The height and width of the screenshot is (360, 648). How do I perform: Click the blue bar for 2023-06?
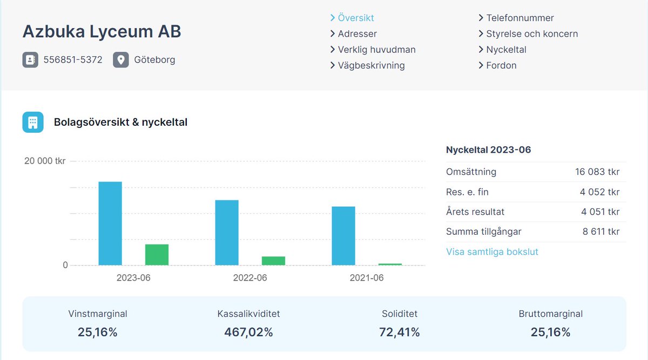point(110,223)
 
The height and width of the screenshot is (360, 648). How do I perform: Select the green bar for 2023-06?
point(157,255)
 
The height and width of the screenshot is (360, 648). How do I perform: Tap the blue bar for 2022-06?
point(227,233)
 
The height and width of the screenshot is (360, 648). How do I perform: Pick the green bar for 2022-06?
point(273,261)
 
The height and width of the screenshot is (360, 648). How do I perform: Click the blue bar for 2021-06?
point(343,236)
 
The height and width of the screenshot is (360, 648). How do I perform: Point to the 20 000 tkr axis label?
point(45,161)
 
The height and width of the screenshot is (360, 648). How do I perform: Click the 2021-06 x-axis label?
point(367,278)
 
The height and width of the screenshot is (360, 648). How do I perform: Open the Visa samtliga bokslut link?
point(492,252)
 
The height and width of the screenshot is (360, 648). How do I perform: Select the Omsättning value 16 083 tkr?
point(597,172)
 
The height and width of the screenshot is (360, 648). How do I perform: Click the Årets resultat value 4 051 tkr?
point(600,212)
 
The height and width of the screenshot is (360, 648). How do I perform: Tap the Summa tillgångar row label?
point(483,232)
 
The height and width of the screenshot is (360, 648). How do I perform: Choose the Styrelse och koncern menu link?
point(531,33)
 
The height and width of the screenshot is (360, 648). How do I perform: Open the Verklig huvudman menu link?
point(376,50)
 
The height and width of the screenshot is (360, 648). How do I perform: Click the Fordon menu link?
point(501,65)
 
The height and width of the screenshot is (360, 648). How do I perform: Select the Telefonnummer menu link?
point(519,18)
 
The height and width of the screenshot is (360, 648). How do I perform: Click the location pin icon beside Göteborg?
point(121,59)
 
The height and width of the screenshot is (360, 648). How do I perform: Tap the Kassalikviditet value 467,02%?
point(248,332)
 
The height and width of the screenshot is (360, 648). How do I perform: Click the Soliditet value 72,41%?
point(400,332)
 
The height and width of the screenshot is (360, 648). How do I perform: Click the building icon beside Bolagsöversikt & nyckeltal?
point(33,122)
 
